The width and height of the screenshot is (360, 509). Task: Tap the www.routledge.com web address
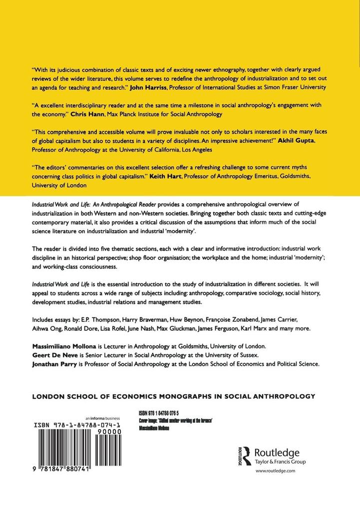point(272,471)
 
